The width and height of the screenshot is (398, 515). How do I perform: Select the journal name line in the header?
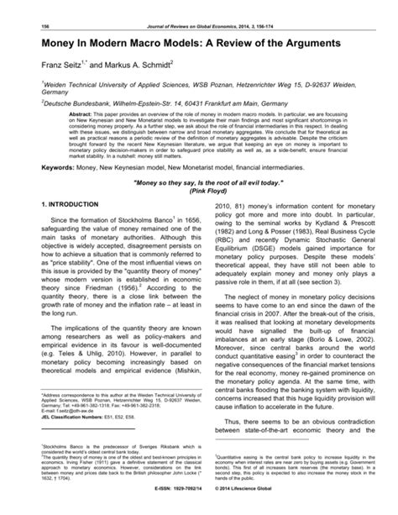[x=199, y=8]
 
